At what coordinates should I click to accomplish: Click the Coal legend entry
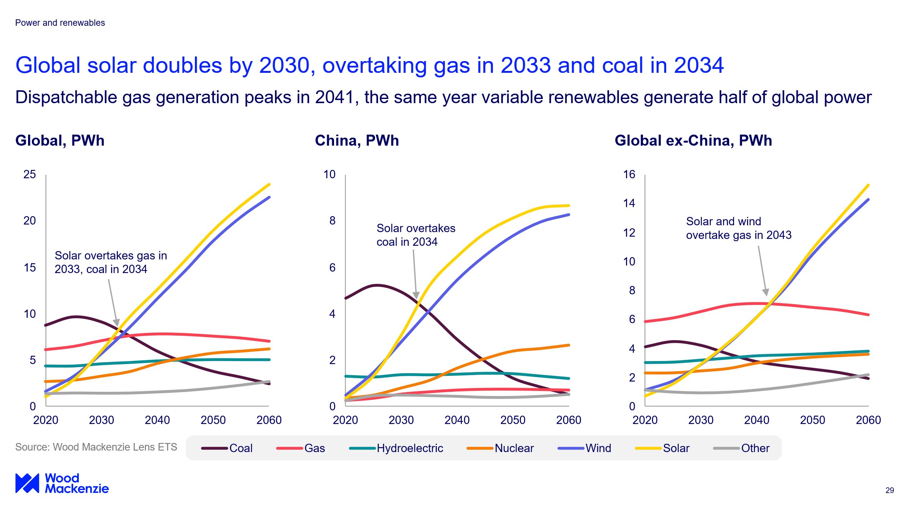[x=227, y=448]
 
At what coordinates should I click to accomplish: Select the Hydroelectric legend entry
[x=396, y=448]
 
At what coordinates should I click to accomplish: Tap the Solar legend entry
[x=662, y=448]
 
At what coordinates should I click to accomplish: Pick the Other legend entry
[x=742, y=448]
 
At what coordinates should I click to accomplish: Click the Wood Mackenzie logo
[x=62, y=483]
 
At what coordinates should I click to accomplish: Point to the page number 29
[x=890, y=490]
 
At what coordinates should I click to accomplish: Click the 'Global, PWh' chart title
[x=60, y=141]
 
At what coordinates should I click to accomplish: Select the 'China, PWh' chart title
[x=357, y=141]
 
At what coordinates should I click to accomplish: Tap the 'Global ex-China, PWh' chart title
[x=693, y=141]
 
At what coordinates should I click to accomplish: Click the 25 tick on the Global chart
[x=30, y=174]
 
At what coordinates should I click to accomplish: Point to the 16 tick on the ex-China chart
[x=629, y=174]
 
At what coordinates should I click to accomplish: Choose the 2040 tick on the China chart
[x=457, y=420]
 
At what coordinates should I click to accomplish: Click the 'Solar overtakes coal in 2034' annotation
[x=416, y=235]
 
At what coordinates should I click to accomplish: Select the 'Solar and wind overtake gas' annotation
[x=739, y=228]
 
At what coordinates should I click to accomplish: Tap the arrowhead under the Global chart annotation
[x=116, y=322]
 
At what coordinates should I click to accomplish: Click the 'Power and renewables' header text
[x=60, y=23]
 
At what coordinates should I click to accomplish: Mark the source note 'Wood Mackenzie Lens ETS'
[x=96, y=447]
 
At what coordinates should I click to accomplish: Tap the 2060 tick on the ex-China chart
[x=868, y=420]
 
